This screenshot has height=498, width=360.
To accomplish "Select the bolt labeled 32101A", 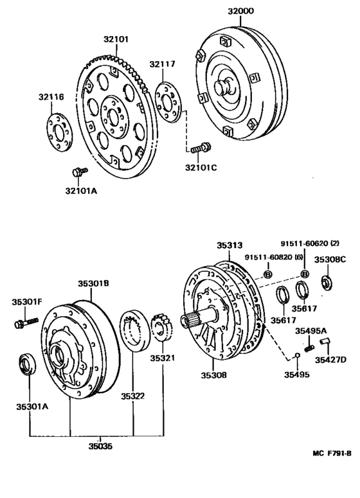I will pos(80,172).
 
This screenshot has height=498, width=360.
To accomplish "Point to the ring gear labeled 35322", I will pos(136,330).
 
